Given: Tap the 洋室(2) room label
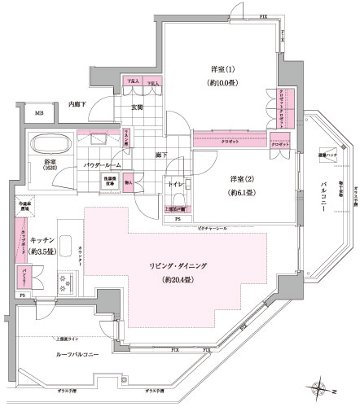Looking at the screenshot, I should pyautogui.click(x=242, y=180).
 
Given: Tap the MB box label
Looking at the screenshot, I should pyautogui.click(x=39, y=114).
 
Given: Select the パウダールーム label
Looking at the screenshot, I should pyautogui.click(x=102, y=164).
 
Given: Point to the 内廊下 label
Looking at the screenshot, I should pyautogui.click(x=79, y=103).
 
